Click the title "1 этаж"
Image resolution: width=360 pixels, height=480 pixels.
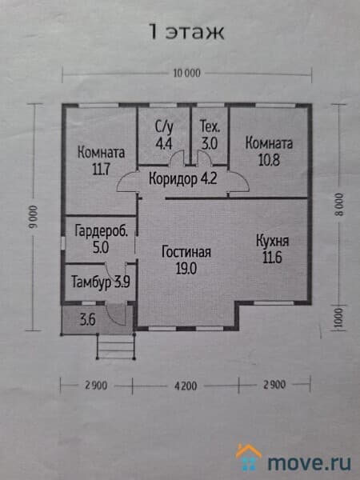click(x=187, y=31)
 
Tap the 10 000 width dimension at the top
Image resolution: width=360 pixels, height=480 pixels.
click(x=186, y=73)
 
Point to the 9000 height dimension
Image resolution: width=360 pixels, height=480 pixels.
click(x=33, y=217)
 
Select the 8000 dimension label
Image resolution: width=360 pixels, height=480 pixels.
click(x=339, y=205)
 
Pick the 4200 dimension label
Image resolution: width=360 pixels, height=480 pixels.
click(x=186, y=386)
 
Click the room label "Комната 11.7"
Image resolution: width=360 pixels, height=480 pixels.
click(x=101, y=161)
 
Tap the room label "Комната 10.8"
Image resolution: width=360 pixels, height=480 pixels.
click(x=269, y=151)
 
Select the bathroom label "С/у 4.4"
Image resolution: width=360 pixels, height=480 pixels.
click(x=164, y=135)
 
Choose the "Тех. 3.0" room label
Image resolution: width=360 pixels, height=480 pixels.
click(x=210, y=135)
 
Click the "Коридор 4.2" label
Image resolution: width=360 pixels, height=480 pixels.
click(x=182, y=178)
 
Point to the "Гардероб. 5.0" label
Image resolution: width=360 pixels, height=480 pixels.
click(x=101, y=239)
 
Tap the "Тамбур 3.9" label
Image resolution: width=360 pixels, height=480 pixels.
click(x=101, y=282)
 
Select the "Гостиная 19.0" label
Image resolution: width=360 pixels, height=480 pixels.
click(x=186, y=260)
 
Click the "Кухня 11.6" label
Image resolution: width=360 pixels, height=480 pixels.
click(x=273, y=249)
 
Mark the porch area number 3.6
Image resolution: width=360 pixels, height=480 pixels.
click(x=87, y=319)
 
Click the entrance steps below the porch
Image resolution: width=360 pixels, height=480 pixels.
click(x=116, y=346)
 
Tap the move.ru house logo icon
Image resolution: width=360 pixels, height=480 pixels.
click(x=249, y=457)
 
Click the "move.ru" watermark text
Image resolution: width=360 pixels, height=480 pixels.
click(x=309, y=462)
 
